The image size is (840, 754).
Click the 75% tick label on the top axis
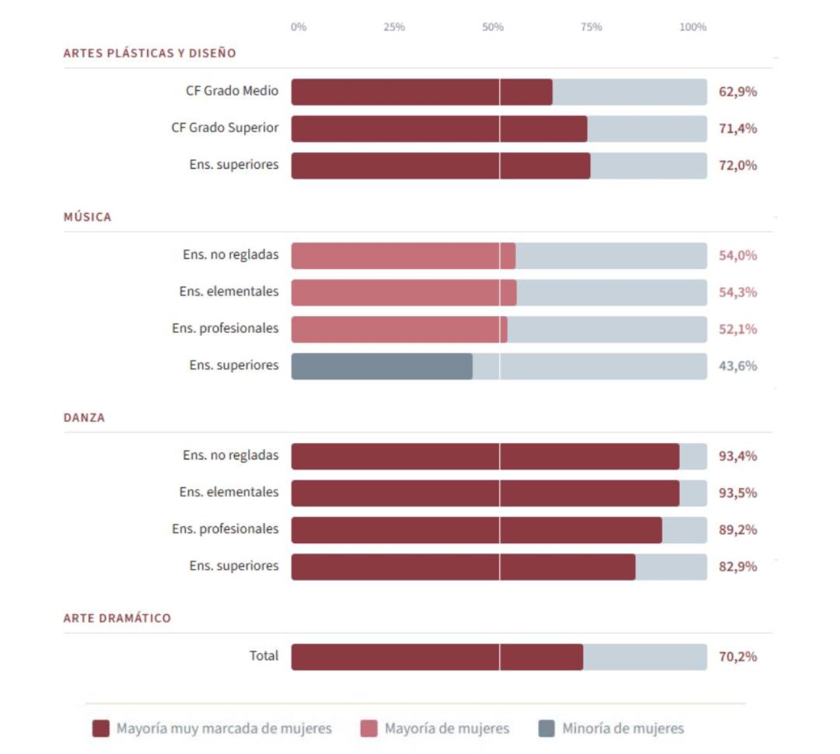(x=591, y=27)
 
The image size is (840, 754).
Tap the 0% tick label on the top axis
(x=299, y=27)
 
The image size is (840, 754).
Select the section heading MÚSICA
(x=87, y=217)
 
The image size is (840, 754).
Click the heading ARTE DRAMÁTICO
(x=117, y=618)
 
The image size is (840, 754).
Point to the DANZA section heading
(x=84, y=418)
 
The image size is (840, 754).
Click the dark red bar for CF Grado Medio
(x=421, y=92)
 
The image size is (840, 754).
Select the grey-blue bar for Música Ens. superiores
(x=381, y=366)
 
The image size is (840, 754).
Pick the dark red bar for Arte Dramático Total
(x=436, y=657)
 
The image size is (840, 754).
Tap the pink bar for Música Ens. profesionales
(x=399, y=329)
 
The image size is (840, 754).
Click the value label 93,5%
(x=738, y=493)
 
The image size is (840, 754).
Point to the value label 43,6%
(x=738, y=366)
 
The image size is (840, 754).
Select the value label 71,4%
(x=738, y=129)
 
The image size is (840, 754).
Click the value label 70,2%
(x=738, y=657)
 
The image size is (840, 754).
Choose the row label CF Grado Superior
(x=224, y=128)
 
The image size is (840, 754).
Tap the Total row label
(x=264, y=656)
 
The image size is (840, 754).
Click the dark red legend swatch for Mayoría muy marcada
(x=100, y=728)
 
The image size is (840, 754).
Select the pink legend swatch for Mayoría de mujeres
(x=369, y=728)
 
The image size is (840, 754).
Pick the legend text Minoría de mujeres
(x=622, y=728)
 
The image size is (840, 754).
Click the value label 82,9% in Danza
(x=738, y=566)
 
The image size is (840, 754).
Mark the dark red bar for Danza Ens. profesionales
(x=476, y=530)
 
